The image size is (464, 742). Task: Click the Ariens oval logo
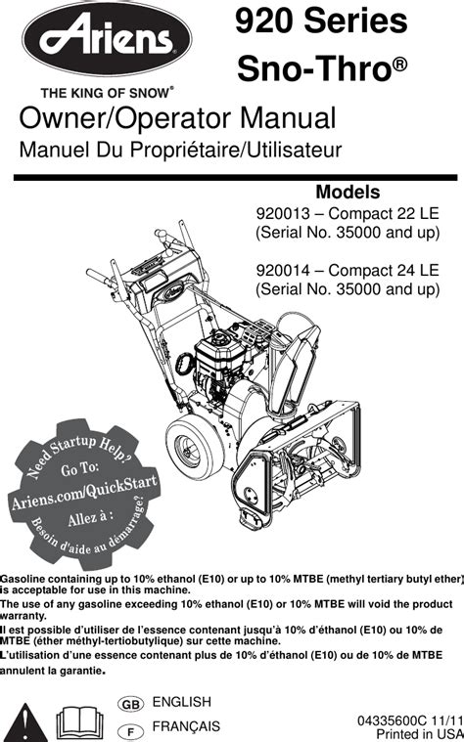[107, 39]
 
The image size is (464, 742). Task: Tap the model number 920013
[283, 214]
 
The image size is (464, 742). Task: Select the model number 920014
[283, 270]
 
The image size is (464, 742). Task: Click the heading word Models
[348, 193]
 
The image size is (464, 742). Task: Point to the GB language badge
[131, 705]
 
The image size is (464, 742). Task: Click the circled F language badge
[131, 731]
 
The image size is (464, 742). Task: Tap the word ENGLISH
[181, 702]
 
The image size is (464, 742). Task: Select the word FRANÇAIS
[186, 726]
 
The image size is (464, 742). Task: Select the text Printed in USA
[419, 734]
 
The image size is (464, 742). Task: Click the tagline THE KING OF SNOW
[105, 93]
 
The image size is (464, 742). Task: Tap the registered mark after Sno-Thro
[400, 64]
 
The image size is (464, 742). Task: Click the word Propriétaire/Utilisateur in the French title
[236, 151]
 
